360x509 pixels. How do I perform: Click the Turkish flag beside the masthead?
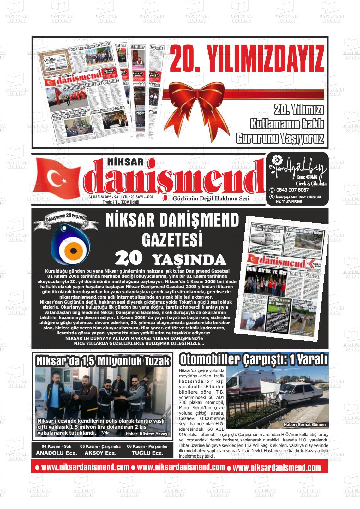point(58,177)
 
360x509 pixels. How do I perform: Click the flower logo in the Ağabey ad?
point(277,160)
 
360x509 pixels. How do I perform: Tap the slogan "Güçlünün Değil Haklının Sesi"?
point(211,198)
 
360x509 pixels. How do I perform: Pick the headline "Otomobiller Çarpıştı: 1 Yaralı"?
point(254,360)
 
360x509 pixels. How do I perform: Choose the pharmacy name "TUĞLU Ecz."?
point(147,453)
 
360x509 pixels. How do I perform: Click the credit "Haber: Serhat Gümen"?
point(304,424)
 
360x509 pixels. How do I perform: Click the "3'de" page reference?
point(105,433)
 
